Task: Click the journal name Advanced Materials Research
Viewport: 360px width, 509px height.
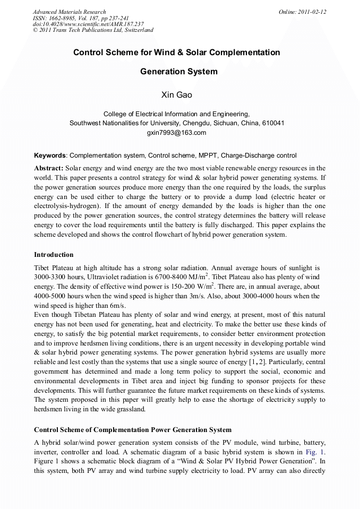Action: tap(69, 12)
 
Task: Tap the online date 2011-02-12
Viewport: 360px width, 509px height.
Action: tap(313, 12)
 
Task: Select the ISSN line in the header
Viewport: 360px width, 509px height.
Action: tap(81, 18)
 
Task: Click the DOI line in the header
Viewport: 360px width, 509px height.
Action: tap(88, 24)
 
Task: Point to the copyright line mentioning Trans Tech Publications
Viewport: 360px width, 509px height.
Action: tap(93, 30)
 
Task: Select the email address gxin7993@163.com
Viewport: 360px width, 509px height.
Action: tap(176, 133)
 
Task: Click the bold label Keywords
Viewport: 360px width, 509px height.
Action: tap(50, 156)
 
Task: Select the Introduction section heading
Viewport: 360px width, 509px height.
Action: tap(54, 255)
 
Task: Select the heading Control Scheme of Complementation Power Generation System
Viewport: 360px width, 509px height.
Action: tap(132, 429)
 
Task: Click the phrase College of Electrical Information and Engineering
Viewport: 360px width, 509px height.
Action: tap(176, 114)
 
